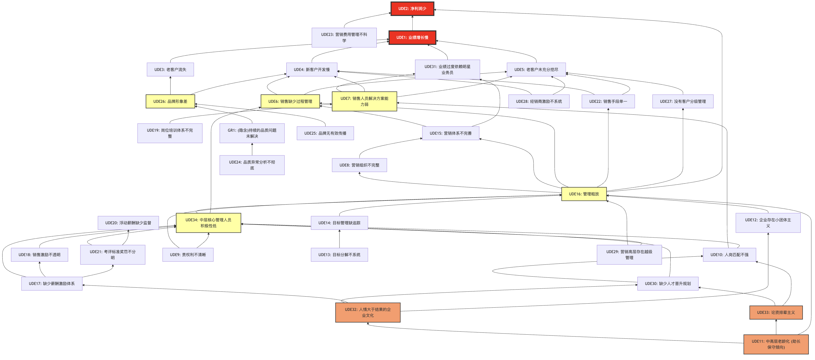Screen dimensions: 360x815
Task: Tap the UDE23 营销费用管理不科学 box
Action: click(344, 37)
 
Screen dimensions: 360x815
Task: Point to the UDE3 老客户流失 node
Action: click(170, 70)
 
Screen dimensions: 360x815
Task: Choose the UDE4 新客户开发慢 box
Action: click(312, 70)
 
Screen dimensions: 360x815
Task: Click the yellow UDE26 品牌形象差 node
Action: click(170, 101)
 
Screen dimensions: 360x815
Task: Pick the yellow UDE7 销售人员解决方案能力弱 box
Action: click(364, 101)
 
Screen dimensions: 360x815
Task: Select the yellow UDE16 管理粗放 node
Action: click(584, 194)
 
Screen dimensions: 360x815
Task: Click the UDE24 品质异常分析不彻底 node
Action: click(252, 165)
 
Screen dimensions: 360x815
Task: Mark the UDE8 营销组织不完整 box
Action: click(359, 165)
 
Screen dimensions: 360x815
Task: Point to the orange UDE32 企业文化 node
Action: click(368, 312)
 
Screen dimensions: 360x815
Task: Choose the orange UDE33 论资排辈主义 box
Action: click(776, 312)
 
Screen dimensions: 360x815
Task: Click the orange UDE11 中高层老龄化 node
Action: click(776, 344)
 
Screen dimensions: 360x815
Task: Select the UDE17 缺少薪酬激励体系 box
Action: click(52, 283)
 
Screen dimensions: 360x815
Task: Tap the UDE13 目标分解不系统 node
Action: click(339, 255)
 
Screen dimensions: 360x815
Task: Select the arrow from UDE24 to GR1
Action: click(252, 149)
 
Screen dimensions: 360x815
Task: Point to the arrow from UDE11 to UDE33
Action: click(776, 327)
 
